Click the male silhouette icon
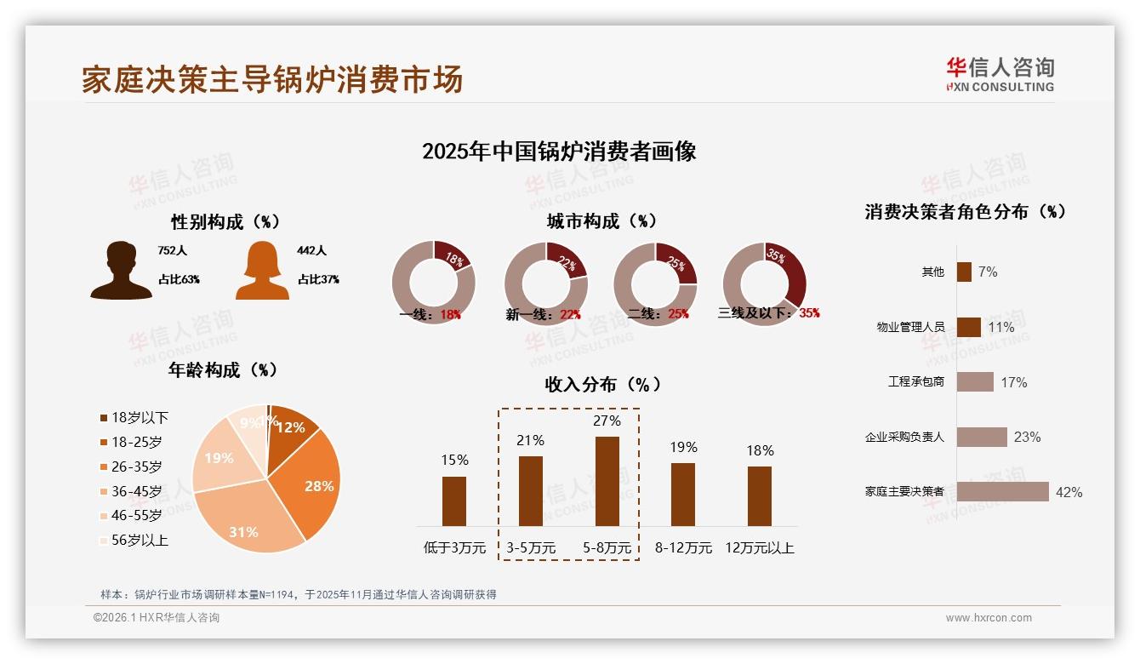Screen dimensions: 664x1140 [121, 270]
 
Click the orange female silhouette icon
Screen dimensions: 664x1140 [262, 271]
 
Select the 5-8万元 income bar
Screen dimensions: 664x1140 [607, 481]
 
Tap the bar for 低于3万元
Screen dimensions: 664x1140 [454, 501]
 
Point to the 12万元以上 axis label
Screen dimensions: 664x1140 [760, 548]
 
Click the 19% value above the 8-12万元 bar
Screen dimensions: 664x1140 [683, 447]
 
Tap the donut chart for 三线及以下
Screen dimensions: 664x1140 [764, 283]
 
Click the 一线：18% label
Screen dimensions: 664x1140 [430, 314]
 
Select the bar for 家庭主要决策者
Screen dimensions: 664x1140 [1002, 492]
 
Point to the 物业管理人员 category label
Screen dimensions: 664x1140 [910, 327]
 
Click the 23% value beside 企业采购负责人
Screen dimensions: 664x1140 [1027, 437]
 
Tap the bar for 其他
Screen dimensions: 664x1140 [964, 272]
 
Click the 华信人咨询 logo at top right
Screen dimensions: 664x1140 [1000, 74]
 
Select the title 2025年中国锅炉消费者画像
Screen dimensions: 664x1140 [559, 152]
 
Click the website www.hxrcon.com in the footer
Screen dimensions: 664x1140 [989, 618]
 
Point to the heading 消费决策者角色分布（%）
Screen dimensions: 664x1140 [966, 212]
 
